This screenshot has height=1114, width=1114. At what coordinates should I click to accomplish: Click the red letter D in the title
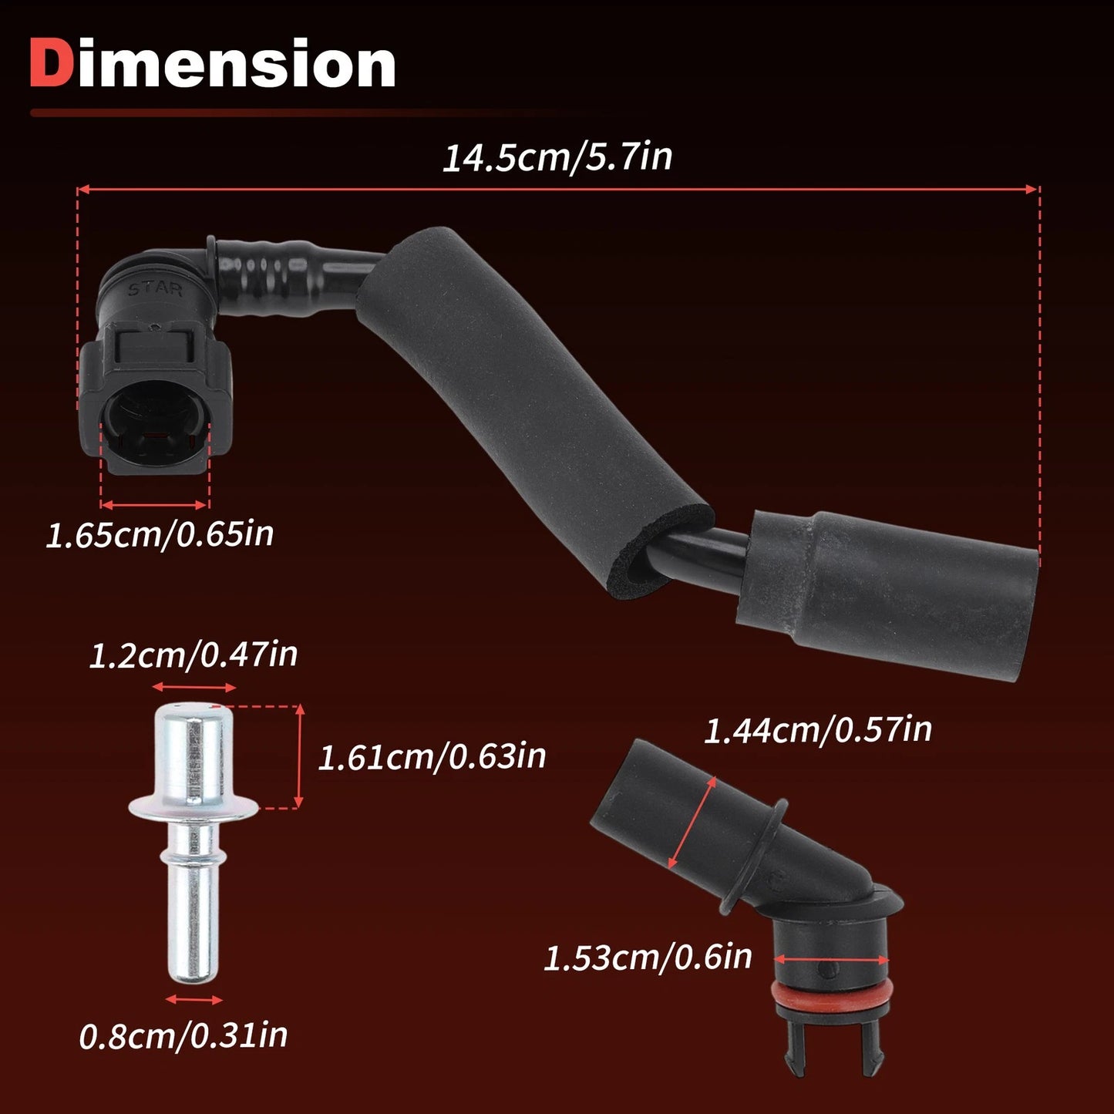[x=53, y=62]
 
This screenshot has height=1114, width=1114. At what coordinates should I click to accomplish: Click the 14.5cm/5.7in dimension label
[x=557, y=157]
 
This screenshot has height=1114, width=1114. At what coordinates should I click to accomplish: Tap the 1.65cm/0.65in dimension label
[x=160, y=534]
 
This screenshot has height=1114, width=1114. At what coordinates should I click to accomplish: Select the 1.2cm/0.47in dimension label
[x=193, y=655]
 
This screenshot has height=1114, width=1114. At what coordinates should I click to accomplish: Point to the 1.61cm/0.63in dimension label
[x=432, y=756]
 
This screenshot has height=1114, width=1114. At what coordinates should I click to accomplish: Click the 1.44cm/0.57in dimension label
[x=817, y=729]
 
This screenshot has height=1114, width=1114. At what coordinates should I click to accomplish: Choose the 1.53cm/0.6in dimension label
[x=648, y=958]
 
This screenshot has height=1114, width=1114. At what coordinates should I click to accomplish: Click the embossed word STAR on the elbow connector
[x=155, y=288]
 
